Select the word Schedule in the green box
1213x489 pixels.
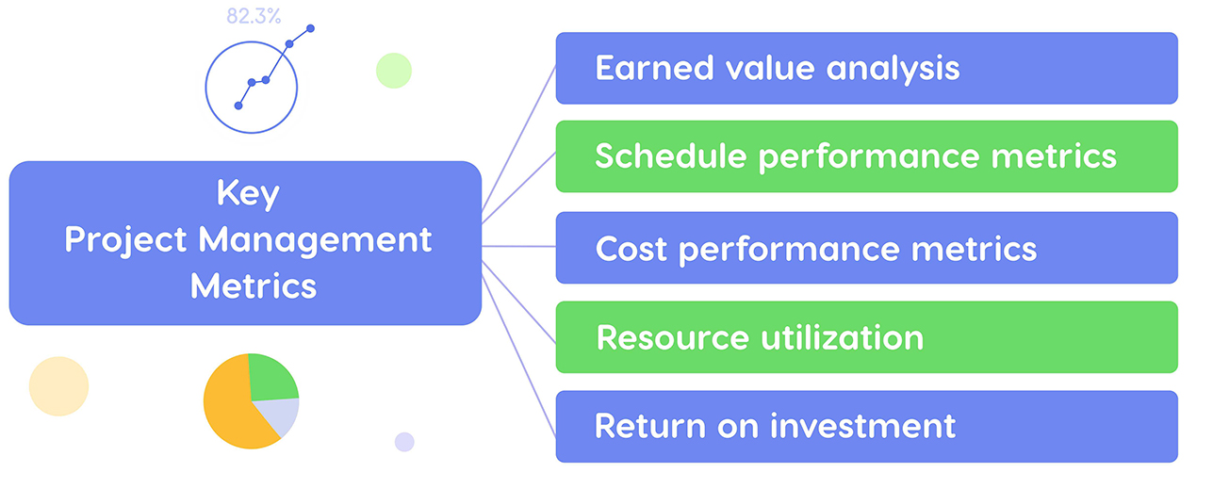[670, 155]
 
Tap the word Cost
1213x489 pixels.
[631, 249]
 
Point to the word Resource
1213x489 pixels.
[668, 337]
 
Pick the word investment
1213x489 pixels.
[862, 426]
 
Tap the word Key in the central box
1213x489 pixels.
[248, 194]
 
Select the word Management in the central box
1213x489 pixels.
[315, 240]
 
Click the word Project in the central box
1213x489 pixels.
[126, 240]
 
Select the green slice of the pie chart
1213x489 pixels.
[271, 377]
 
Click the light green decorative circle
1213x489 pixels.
[393, 71]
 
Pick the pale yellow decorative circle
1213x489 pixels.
[58, 386]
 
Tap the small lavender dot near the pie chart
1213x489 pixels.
[404, 441]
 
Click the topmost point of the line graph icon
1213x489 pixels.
[310, 28]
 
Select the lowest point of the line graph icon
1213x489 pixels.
[238, 106]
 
